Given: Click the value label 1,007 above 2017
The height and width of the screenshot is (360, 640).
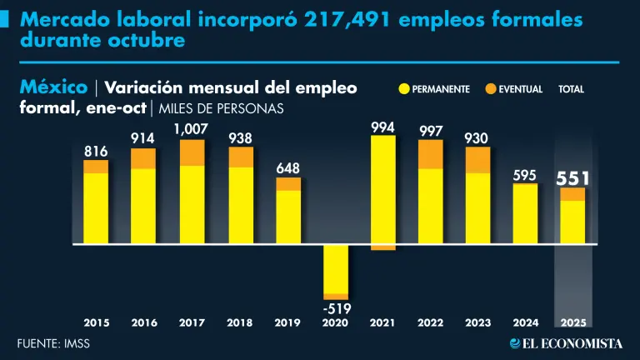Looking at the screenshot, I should pos(191,129).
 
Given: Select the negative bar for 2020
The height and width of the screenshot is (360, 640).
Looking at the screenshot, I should pos(337,269).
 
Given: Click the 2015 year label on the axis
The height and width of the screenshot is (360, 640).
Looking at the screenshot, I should pos(96,322).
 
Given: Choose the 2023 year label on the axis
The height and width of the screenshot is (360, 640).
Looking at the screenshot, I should pos(477,322).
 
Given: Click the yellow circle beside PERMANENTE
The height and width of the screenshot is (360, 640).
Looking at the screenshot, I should pos(404,88).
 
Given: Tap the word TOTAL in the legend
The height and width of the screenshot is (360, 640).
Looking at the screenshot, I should pos(572,88).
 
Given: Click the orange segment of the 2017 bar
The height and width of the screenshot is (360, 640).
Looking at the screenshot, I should pos(192,152).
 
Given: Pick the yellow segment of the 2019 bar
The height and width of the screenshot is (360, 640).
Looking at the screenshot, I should pos(288,217).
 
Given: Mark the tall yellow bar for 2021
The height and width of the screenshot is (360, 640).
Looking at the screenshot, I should pos(383,190).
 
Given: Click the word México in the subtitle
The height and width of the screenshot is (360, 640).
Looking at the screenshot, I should pos(52,87).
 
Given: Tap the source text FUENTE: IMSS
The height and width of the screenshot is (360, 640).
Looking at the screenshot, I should pos(53,342).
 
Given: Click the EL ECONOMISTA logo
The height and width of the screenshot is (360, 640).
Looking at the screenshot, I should pos(566,342).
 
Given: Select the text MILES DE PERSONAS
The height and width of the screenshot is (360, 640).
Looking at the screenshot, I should pos(221,108).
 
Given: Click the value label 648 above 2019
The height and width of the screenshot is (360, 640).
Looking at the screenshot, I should pos(287,168).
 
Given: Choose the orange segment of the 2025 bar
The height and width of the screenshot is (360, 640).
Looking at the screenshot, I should pos(572,194).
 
